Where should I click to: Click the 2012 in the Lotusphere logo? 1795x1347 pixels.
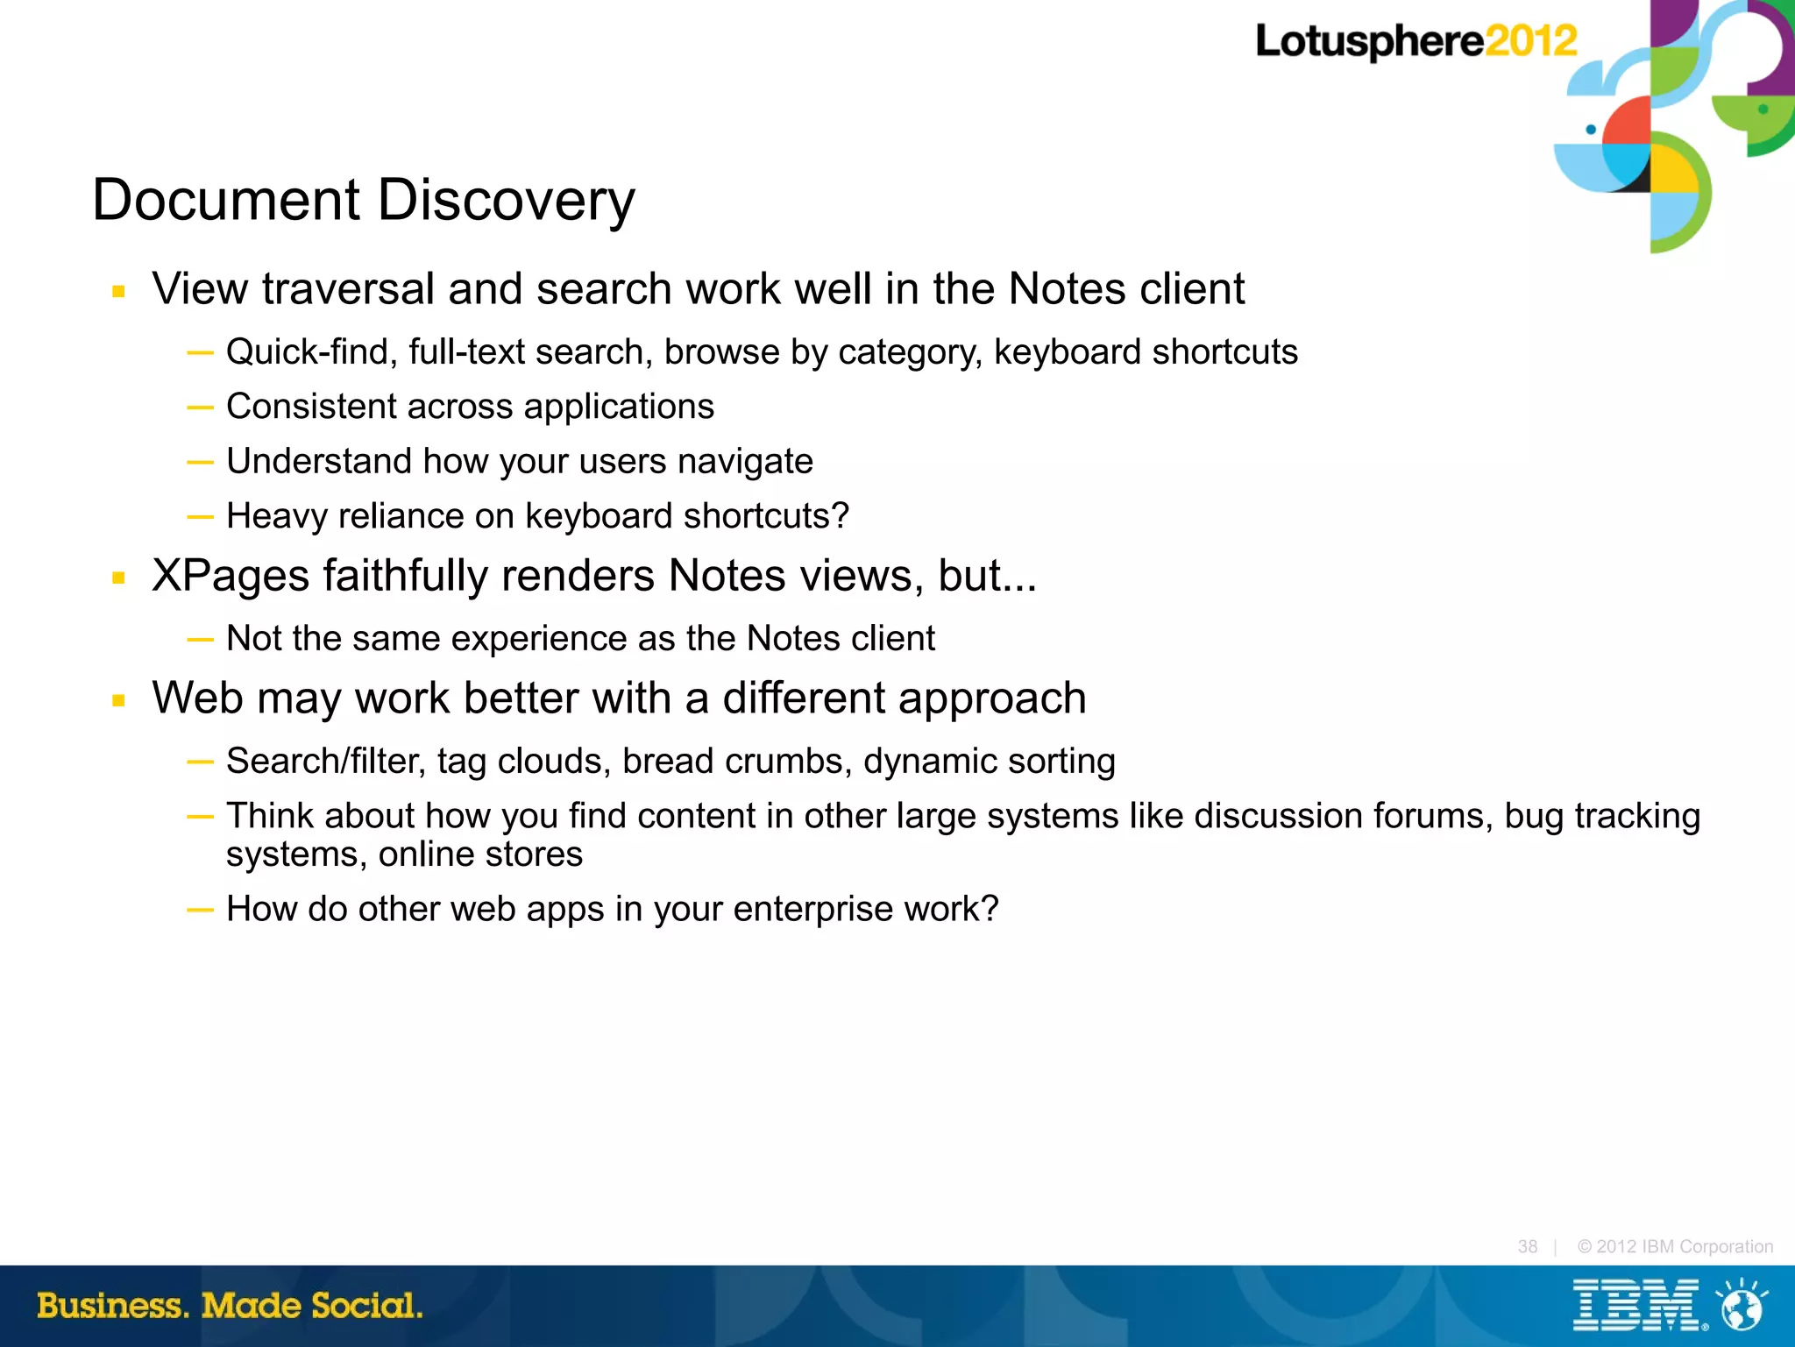point(1530,41)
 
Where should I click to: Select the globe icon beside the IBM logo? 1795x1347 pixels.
point(1742,1307)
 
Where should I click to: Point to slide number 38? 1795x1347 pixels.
point(1527,1246)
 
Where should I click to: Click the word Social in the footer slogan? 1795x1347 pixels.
point(365,1306)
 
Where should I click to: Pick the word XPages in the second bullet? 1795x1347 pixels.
point(231,577)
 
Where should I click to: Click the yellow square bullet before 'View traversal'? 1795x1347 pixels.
point(119,292)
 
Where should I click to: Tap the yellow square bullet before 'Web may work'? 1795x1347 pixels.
point(119,700)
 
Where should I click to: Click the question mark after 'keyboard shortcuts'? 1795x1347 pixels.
point(841,516)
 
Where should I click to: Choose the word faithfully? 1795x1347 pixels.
point(405,577)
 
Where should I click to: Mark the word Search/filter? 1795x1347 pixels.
point(325,762)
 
